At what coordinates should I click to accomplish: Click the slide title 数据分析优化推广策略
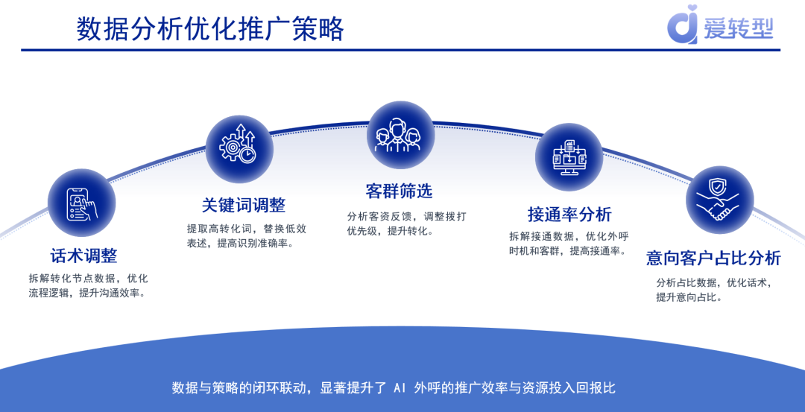pyautogui.click(x=210, y=29)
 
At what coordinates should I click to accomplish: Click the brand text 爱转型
pyautogui.click(x=738, y=28)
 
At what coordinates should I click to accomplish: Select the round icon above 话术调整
pyautogui.click(x=81, y=202)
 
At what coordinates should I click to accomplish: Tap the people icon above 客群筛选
pyautogui.click(x=400, y=135)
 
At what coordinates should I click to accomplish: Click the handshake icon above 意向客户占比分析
pyautogui.click(x=719, y=200)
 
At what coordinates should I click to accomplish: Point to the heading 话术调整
pyautogui.click(x=83, y=256)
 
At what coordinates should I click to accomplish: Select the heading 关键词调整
pyautogui.click(x=243, y=205)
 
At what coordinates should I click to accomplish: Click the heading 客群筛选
pyautogui.click(x=399, y=191)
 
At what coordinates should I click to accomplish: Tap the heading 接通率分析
pyautogui.click(x=569, y=215)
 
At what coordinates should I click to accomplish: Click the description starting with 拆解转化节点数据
pyautogui.click(x=88, y=285)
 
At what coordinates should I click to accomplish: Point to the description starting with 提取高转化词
pyautogui.click(x=246, y=235)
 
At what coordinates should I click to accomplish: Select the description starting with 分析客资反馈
pyautogui.click(x=406, y=223)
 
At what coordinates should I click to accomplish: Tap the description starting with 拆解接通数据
pyautogui.click(x=569, y=243)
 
